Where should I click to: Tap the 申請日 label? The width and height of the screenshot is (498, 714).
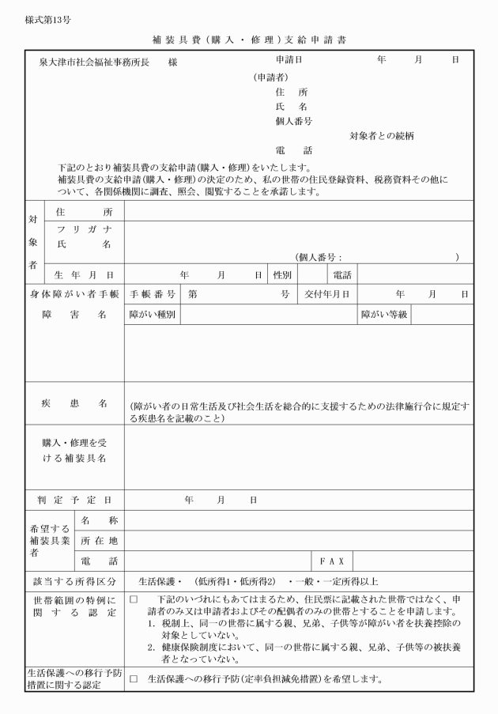[289, 60]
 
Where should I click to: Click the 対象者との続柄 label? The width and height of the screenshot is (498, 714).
[383, 136]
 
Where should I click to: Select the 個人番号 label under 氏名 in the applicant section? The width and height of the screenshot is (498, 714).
[293, 121]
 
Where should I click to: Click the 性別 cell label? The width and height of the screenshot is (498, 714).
[282, 275]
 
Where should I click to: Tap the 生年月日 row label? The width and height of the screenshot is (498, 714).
[84, 275]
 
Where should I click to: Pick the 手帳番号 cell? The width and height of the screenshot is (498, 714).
[153, 294]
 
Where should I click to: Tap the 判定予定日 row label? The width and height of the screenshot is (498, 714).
[74, 500]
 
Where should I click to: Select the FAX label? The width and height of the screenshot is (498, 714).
[331, 561]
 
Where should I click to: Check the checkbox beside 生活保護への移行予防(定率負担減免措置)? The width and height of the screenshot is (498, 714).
[134, 679]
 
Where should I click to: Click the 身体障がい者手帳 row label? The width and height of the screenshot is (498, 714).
[74, 294]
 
